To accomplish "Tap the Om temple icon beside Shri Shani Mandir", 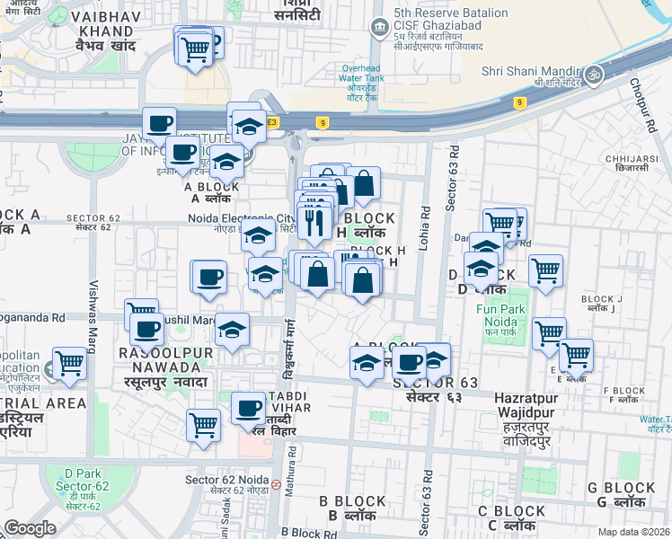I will point(592,73).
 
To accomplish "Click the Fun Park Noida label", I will point(495,316).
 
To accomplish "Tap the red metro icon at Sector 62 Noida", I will point(276,483).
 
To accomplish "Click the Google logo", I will point(30,528).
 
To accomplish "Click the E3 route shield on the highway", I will point(271,121).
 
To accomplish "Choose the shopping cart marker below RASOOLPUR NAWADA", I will point(204,424).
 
